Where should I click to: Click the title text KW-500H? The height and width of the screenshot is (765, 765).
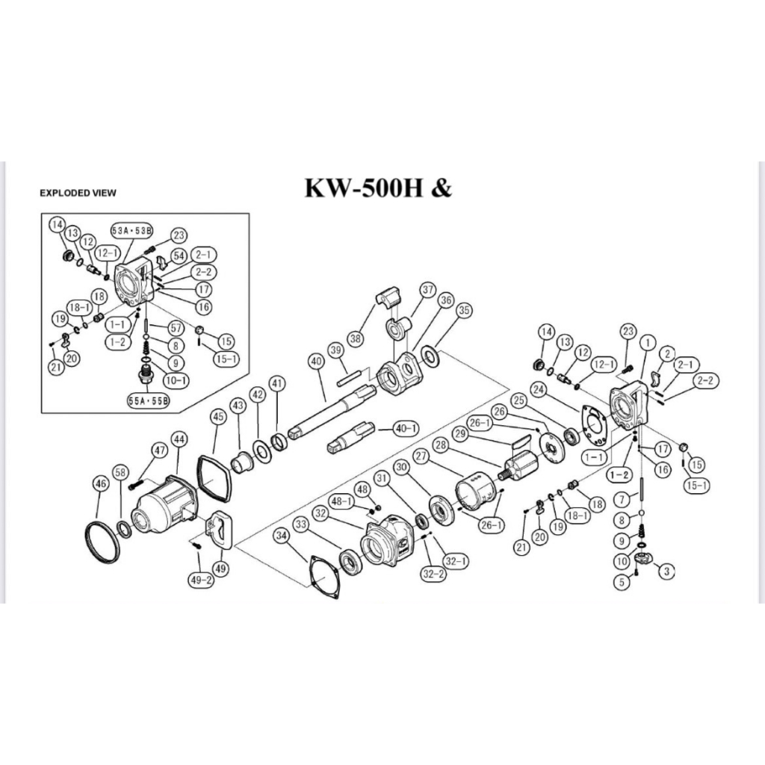363,188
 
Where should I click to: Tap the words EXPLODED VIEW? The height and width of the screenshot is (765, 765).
78,193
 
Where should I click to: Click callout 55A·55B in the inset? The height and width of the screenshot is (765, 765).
148,401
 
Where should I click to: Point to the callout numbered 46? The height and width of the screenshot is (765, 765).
101,484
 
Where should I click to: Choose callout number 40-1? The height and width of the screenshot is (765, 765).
406,429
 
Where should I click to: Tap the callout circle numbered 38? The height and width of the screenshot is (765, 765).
356,337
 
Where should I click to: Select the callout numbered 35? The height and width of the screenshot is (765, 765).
465,310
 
